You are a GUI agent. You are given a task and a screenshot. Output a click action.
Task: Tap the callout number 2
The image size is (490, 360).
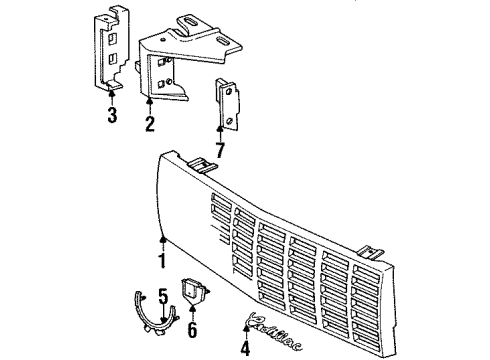[149, 123]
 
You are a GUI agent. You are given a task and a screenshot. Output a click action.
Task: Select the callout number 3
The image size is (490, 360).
[112, 114]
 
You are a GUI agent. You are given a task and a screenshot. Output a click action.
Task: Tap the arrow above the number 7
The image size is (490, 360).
[221, 133]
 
